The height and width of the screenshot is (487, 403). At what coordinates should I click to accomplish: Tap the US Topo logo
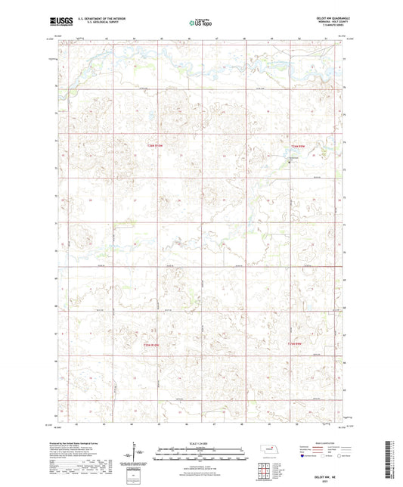pyautogui.click(x=200, y=23)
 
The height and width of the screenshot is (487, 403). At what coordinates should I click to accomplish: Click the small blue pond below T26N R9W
pyautogui.click(x=290, y=161)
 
